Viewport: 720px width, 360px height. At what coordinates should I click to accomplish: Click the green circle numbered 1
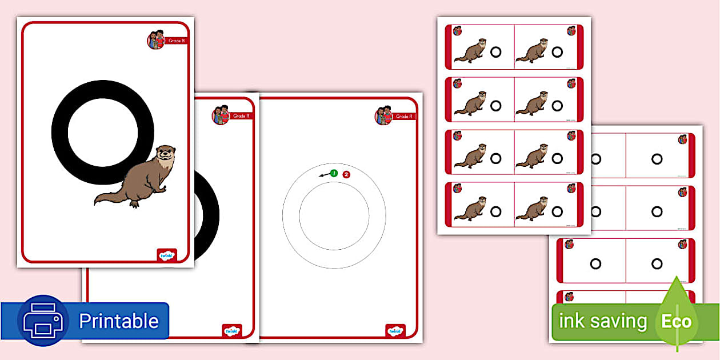click(334, 173)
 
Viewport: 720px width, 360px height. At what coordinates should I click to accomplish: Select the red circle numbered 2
click(346, 174)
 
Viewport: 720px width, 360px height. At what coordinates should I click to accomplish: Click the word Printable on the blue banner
click(118, 321)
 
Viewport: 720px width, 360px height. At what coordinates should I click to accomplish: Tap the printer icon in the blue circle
click(43, 321)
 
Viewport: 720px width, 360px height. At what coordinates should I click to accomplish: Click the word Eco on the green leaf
click(677, 321)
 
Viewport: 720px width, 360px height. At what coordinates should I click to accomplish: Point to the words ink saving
click(602, 321)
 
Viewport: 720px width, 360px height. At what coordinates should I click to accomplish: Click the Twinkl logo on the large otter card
click(167, 255)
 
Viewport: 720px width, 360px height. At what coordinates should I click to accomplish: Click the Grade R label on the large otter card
click(176, 41)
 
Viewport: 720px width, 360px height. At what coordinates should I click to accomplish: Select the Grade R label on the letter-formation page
click(404, 117)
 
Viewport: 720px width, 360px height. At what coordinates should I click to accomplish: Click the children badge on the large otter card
click(156, 39)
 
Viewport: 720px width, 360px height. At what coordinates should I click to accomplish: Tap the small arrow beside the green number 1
click(324, 174)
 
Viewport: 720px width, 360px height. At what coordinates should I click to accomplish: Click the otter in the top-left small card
click(470, 51)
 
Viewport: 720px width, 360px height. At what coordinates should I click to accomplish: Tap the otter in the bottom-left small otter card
click(470, 209)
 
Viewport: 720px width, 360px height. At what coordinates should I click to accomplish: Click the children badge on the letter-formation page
click(383, 115)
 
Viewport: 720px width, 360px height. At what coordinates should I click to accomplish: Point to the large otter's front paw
click(163, 188)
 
